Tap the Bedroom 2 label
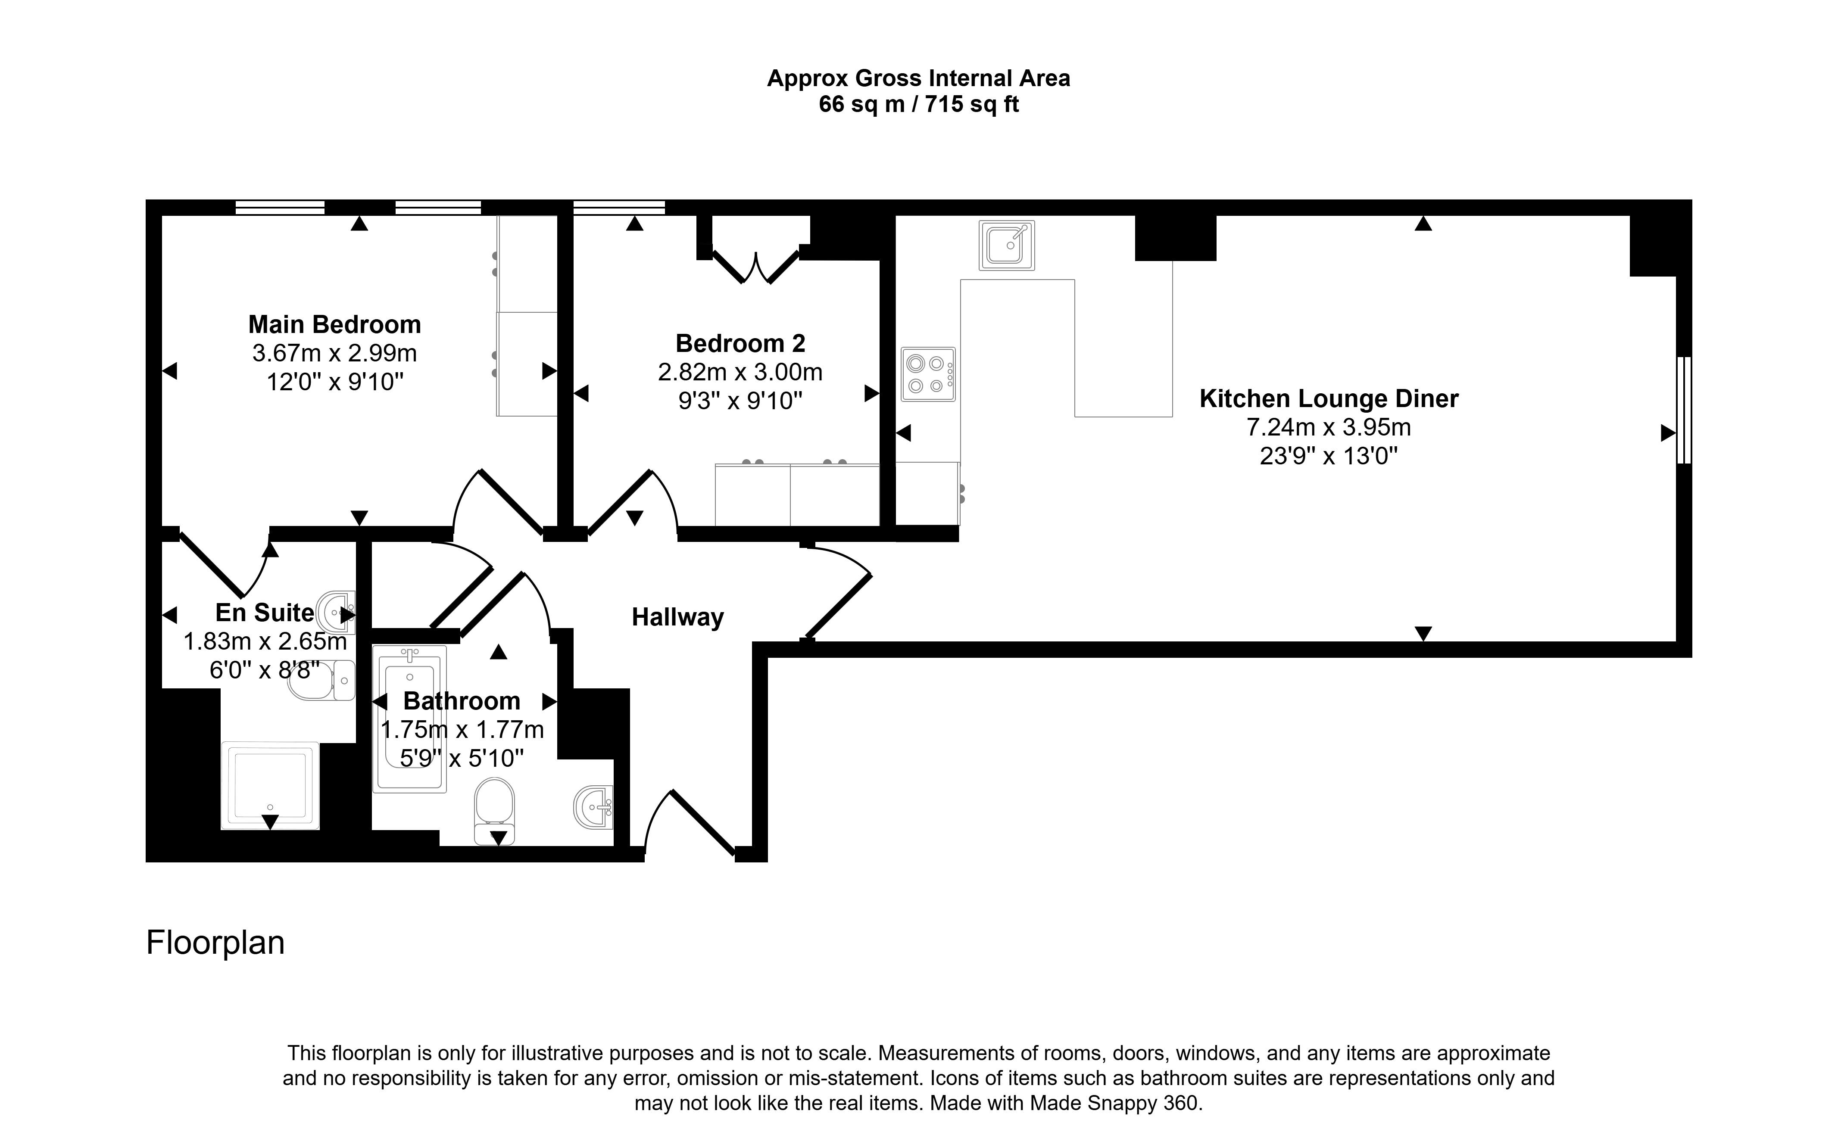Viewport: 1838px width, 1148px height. [740, 343]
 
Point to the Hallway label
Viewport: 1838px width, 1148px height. [677, 617]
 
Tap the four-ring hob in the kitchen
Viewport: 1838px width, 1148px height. [928, 374]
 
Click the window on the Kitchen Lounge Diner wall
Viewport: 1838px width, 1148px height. [1684, 410]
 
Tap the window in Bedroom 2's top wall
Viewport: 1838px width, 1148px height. [619, 207]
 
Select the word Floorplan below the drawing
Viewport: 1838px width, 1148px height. [215, 943]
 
